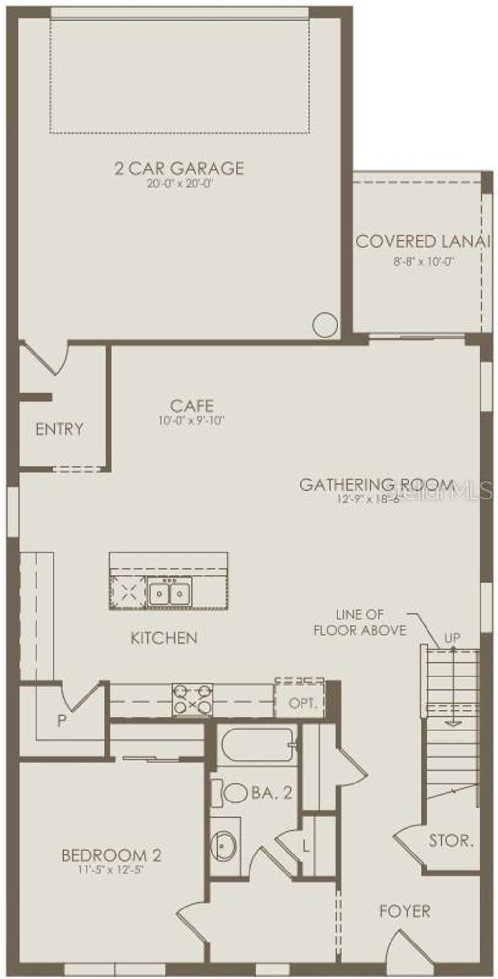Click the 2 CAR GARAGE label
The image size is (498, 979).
[x=179, y=168]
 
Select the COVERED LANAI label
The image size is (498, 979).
[x=422, y=241]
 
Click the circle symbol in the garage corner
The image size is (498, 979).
[x=325, y=325]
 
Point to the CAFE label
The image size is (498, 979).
[x=192, y=405]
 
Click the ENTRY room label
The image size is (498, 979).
[x=59, y=429]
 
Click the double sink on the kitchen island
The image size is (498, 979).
[x=169, y=593]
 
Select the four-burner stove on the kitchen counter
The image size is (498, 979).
[x=193, y=700]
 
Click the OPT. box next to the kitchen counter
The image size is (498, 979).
[x=303, y=703]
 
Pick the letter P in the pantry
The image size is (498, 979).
[x=62, y=721]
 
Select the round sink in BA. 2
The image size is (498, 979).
[x=224, y=847]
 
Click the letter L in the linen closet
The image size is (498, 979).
[x=306, y=846]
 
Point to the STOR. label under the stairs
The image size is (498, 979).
[x=451, y=840]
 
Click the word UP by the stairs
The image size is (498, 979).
[x=452, y=638]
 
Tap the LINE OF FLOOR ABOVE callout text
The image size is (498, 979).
[x=360, y=623]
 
